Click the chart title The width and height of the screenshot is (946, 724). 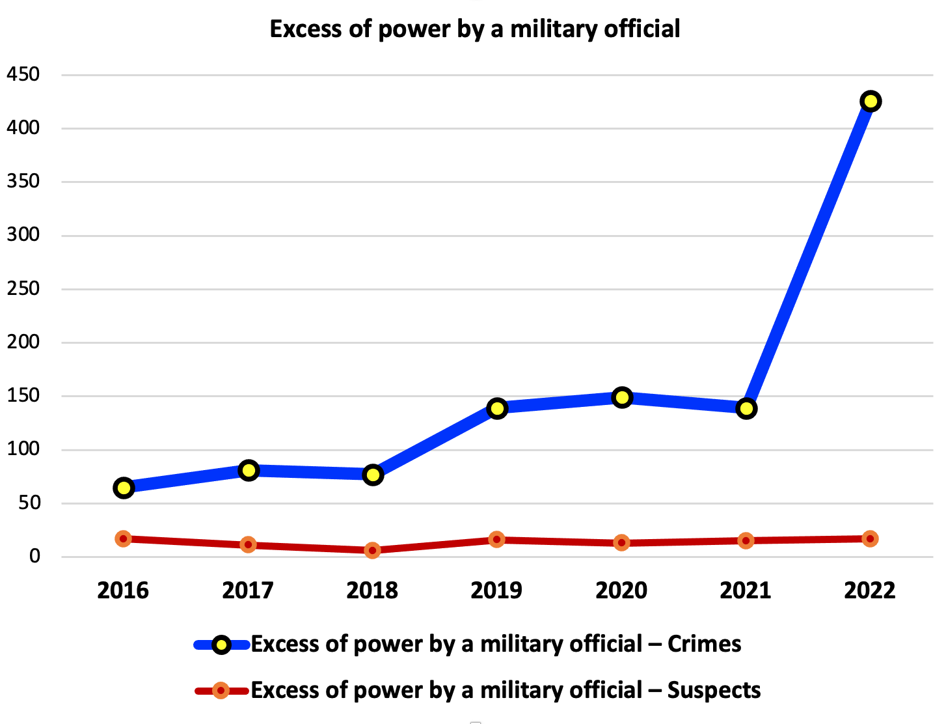[475, 29]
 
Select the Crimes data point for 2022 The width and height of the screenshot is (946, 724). [870, 101]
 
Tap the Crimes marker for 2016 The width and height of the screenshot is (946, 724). [124, 488]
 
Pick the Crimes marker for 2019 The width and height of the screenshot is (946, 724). [497, 408]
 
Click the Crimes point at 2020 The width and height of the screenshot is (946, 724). [622, 397]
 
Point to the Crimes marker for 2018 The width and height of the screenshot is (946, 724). [373, 475]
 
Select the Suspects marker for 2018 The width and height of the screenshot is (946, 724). [373, 550]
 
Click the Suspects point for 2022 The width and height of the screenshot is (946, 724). [870, 538]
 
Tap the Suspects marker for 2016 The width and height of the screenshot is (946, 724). [124, 538]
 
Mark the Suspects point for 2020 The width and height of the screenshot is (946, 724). [622, 542]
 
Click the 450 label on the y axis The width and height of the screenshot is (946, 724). [23, 75]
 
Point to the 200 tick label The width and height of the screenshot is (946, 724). [23, 342]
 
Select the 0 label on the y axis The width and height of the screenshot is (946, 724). [34, 557]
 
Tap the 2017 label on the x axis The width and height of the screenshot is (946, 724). [248, 591]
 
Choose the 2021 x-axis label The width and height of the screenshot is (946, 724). [746, 591]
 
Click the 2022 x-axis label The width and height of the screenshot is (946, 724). [870, 591]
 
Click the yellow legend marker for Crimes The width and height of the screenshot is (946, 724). [221, 645]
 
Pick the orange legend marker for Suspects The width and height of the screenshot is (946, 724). [221, 690]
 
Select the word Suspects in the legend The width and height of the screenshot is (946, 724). [714, 690]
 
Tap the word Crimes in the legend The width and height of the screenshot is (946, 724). [704, 645]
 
